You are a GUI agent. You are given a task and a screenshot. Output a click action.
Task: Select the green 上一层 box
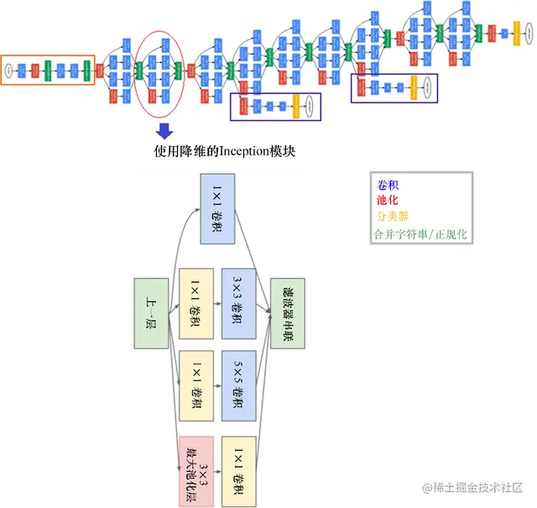click(x=151, y=312)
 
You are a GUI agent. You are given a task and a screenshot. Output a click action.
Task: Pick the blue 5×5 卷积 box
click(x=238, y=385)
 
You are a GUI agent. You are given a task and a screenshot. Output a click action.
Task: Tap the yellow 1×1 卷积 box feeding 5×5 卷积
click(x=195, y=385)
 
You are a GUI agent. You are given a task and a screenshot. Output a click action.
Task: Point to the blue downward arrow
click(x=164, y=130)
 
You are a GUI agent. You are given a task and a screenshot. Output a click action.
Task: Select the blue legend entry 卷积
click(x=388, y=184)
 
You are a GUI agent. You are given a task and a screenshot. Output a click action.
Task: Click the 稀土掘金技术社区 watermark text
click(x=478, y=488)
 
